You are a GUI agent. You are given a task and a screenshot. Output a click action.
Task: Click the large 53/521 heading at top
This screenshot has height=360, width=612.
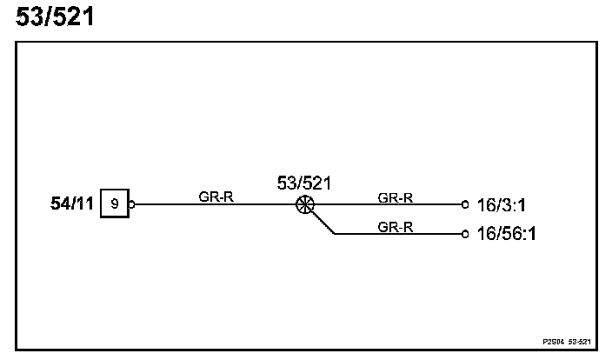(54, 17)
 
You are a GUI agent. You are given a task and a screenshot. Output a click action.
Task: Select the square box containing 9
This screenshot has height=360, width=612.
(115, 205)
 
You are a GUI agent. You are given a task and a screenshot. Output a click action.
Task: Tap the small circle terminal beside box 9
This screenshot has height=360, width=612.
(131, 206)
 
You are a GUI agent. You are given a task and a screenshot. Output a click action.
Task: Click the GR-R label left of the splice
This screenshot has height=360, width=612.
(216, 197)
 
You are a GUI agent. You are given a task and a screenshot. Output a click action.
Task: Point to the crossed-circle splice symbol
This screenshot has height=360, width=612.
(304, 206)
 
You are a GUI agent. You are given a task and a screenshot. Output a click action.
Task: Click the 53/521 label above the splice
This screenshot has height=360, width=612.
(304, 183)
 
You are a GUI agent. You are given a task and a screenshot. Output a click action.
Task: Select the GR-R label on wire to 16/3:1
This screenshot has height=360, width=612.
(395, 197)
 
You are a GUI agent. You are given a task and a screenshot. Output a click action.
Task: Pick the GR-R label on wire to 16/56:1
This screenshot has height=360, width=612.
(395, 226)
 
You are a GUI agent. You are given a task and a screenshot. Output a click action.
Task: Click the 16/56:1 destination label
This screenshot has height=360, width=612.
(506, 235)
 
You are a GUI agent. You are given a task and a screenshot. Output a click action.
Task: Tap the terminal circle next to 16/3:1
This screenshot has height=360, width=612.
(465, 206)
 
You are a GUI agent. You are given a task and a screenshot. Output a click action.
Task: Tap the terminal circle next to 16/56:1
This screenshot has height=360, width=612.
(465, 234)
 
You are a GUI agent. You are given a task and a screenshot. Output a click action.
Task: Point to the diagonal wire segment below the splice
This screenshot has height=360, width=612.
(321, 223)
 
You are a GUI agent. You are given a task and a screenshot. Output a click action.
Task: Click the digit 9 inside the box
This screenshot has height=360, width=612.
(115, 205)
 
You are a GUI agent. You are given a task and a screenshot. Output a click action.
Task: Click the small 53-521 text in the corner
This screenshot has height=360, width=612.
(580, 342)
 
